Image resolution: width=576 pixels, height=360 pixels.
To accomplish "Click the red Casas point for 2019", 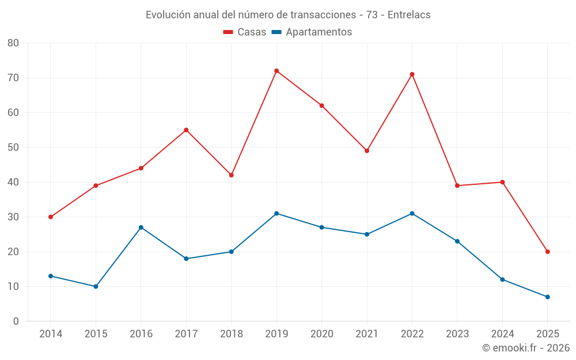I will [276, 71].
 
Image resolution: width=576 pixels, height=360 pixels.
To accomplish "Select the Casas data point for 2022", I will [412, 74].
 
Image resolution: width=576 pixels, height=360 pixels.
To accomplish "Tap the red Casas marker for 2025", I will [548, 252].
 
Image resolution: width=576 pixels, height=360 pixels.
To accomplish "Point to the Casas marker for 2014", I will [51, 217].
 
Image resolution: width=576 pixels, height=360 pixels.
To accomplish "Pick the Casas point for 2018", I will [232, 175].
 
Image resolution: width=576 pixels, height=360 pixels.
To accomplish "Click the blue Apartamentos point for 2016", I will [141, 228].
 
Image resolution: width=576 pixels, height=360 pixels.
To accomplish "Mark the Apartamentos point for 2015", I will [96, 286].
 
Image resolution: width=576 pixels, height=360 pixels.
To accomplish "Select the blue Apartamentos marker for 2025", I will [548, 297].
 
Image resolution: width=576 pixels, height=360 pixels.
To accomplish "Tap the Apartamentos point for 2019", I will [276, 214].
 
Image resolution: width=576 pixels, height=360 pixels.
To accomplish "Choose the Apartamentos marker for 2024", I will [502, 279].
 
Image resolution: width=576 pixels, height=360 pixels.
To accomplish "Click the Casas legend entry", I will [245, 32].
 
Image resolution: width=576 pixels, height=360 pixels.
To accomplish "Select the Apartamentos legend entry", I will [312, 32].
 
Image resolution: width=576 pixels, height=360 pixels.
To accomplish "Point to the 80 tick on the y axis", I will [13, 43].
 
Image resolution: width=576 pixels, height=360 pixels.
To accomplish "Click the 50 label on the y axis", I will [13, 147].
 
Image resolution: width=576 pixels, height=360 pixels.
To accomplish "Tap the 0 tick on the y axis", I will [16, 321].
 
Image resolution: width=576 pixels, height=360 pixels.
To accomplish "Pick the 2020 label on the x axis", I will [321, 334].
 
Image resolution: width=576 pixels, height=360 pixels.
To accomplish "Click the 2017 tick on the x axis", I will [186, 334].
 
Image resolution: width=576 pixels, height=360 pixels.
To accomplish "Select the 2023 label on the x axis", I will [457, 334].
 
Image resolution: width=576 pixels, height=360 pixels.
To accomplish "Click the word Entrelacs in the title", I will [409, 15].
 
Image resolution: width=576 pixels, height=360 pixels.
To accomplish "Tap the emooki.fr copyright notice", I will [525, 348].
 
